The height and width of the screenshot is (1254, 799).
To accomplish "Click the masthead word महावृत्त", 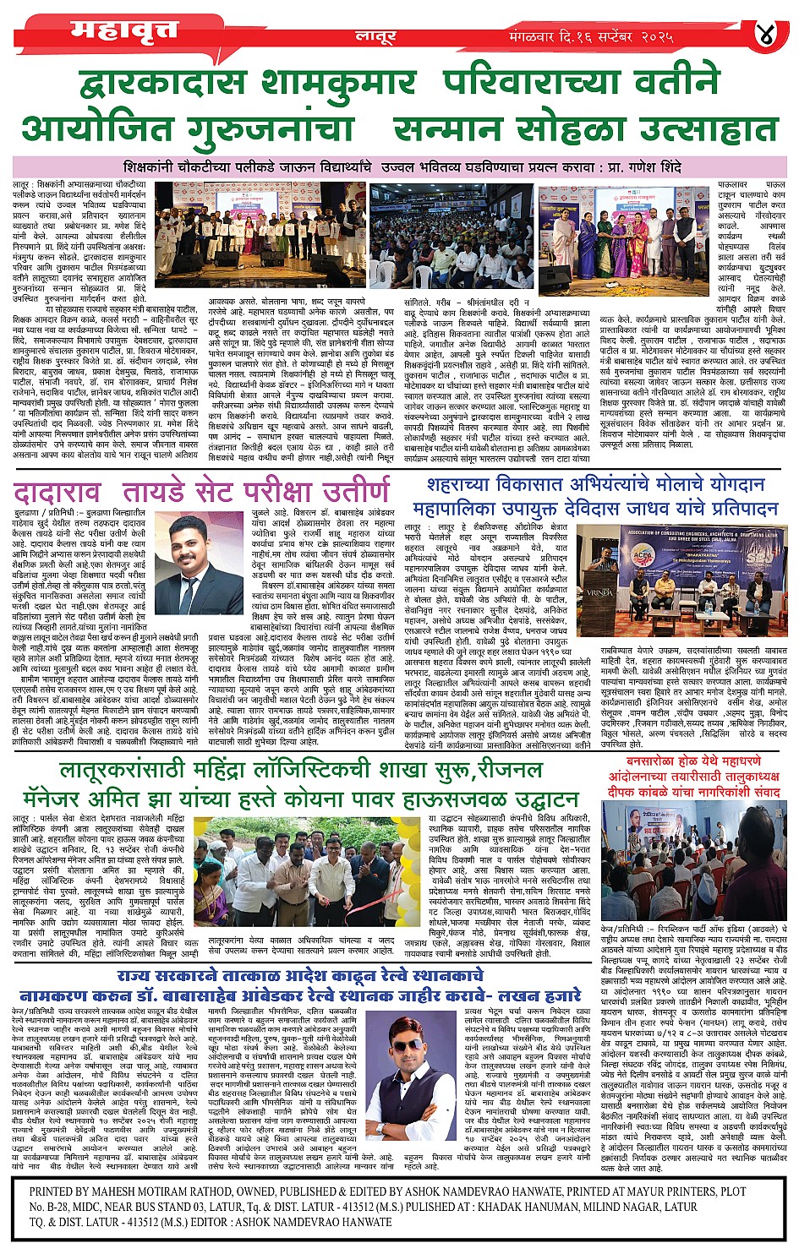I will [125, 30].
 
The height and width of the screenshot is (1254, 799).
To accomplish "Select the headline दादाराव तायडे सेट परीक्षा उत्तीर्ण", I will [202, 492].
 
